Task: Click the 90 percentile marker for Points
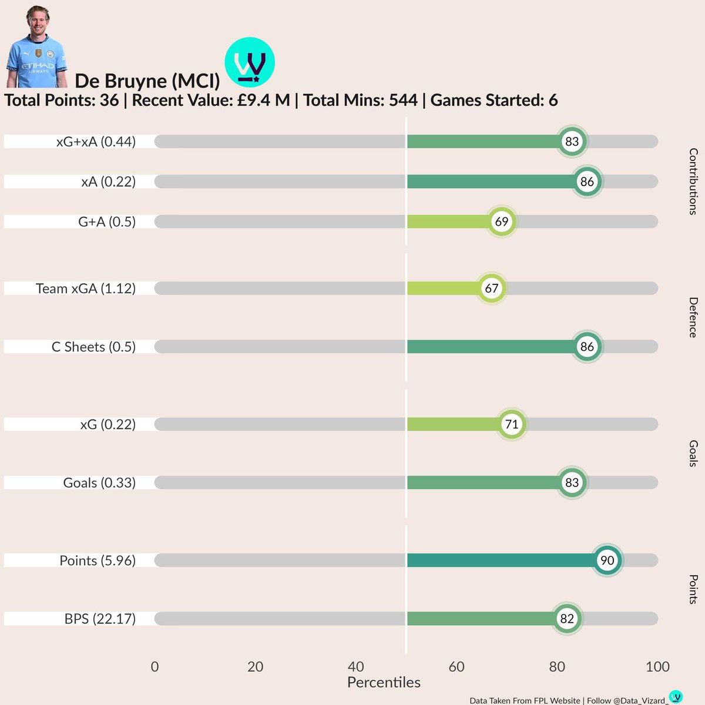click(607, 560)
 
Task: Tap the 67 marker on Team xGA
click(491, 288)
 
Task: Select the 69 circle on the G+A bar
click(501, 221)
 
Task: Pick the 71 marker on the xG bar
click(512, 424)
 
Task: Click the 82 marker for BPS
click(567, 619)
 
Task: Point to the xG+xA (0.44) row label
click(96, 142)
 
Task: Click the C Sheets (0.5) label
click(93, 347)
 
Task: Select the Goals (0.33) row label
click(99, 483)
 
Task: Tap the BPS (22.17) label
click(100, 619)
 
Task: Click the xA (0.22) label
click(108, 182)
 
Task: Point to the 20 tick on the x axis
click(255, 667)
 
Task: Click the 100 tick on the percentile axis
click(657, 667)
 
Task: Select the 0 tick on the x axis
click(155, 667)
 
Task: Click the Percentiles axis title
click(384, 683)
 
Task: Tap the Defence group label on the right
click(693, 317)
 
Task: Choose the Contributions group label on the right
click(693, 182)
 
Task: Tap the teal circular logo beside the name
click(250, 62)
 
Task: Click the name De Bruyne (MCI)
click(147, 81)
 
